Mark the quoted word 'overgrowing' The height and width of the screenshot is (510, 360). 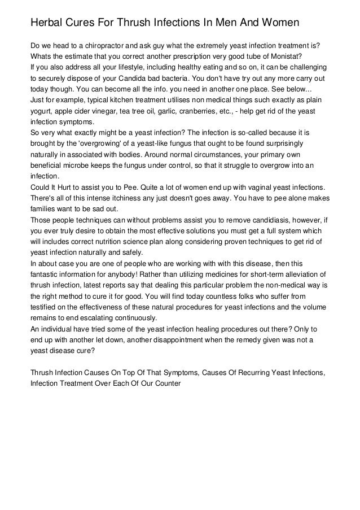pos(93,143)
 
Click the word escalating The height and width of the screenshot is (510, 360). pos(91,317)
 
